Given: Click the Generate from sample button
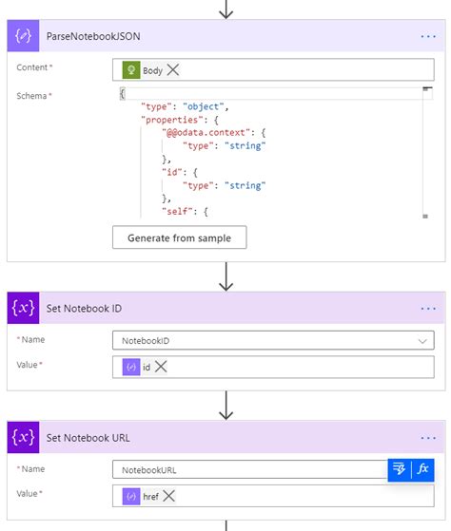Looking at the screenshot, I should click(179, 237).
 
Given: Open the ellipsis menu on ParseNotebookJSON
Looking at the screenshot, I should click(427, 37).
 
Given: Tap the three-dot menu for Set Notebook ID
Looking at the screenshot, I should click(427, 309).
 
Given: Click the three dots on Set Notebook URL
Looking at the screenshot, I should click(427, 438).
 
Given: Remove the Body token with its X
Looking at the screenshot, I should click(173, 70).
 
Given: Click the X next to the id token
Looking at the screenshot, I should click(161, 367).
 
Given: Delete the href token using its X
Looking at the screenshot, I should click(169, 496).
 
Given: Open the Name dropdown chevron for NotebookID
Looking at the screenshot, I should click(422, 340).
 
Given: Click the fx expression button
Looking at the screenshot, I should click(423, 469).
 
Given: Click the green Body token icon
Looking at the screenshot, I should click(131, 70).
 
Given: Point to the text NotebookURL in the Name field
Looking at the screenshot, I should click(148, 469).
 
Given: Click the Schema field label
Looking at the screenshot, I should click(33, 96).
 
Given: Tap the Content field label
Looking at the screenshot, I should click(34, 68).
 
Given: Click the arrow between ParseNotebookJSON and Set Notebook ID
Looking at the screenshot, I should click(226, 275).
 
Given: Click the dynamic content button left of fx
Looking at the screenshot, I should click(399, 469).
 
